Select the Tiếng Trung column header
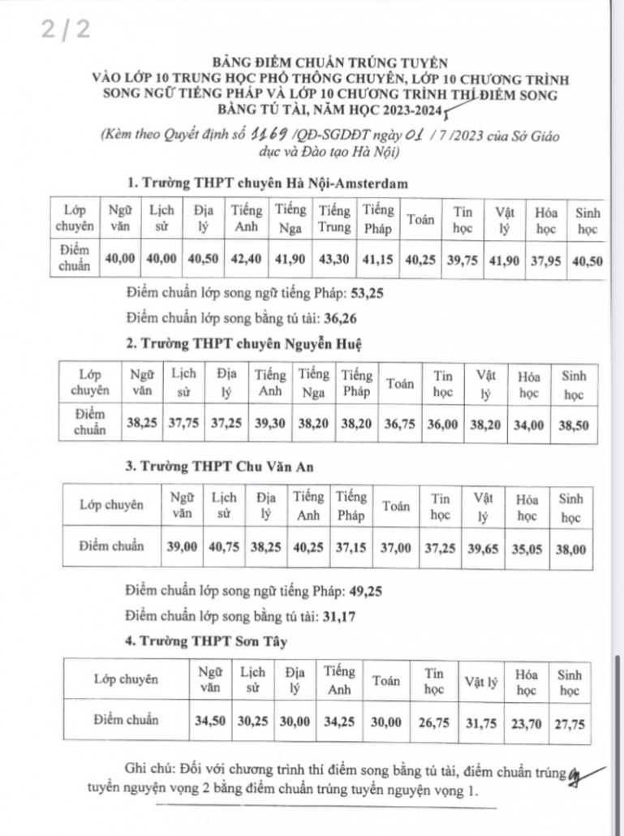click(334, 218)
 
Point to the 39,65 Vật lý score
click(484, 548)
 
